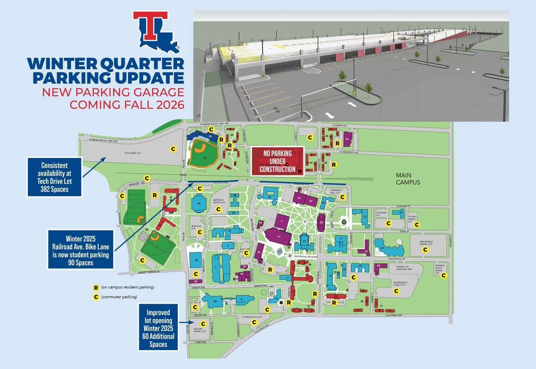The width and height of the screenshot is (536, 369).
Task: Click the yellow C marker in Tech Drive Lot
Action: click(172, 148)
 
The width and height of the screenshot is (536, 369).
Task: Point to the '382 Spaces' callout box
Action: click(54, 177)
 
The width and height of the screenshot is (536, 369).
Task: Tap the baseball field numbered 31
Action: click(204, 154)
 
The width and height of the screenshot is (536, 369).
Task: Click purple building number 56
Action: click(348, 140)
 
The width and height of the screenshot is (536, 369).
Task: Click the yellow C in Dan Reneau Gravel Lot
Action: click(426, 250)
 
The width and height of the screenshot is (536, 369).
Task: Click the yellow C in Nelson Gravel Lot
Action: click(203, 323)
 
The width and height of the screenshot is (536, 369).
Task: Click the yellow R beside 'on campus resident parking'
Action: click(95, 288)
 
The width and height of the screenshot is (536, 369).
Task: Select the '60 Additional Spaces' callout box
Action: click(159, 327)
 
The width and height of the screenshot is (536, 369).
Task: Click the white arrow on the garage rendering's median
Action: click(352, 105)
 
